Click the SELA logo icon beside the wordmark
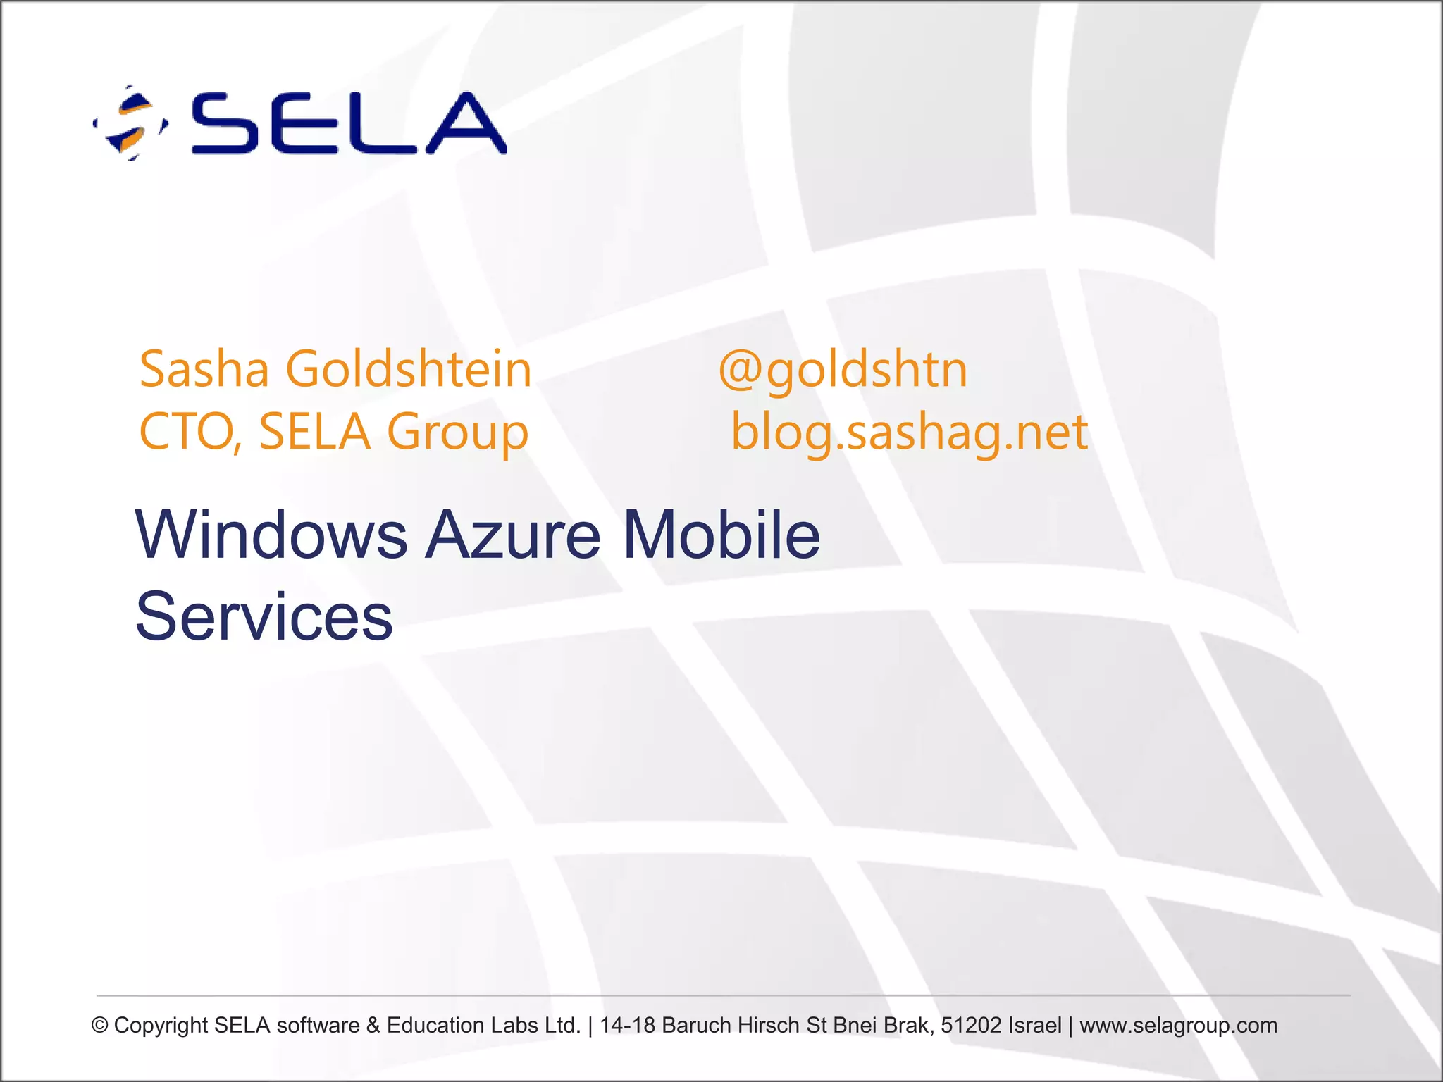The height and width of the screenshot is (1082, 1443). pyautogui.click(x=130, y=123)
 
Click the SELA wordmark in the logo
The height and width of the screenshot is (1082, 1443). pyautogui.click(x=349, y=123)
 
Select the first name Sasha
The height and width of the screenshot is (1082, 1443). pyautogui.click(x=204, y=369)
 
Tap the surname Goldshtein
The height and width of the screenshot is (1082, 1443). pyautogui.click(x=408, y=369)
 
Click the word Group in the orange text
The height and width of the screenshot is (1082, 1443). pyautogui.click(x=457, y=431)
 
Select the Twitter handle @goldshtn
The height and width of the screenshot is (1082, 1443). pyautogui.click(x=843, y=369)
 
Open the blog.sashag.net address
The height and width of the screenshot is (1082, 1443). pyautogui.click(x=910, y=431)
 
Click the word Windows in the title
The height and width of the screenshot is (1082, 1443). pyautogui.click(x=271, y=535)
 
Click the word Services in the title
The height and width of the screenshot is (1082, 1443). pyautogui.click(x=264, y=617)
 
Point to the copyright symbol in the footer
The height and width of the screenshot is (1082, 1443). pyautogui.click(x=100, y=1026)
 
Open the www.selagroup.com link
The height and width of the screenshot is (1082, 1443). pyautogui.click(x=1178, y=1026)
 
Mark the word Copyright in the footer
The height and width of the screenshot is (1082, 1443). pyautogui.click(x=161, y=1026)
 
